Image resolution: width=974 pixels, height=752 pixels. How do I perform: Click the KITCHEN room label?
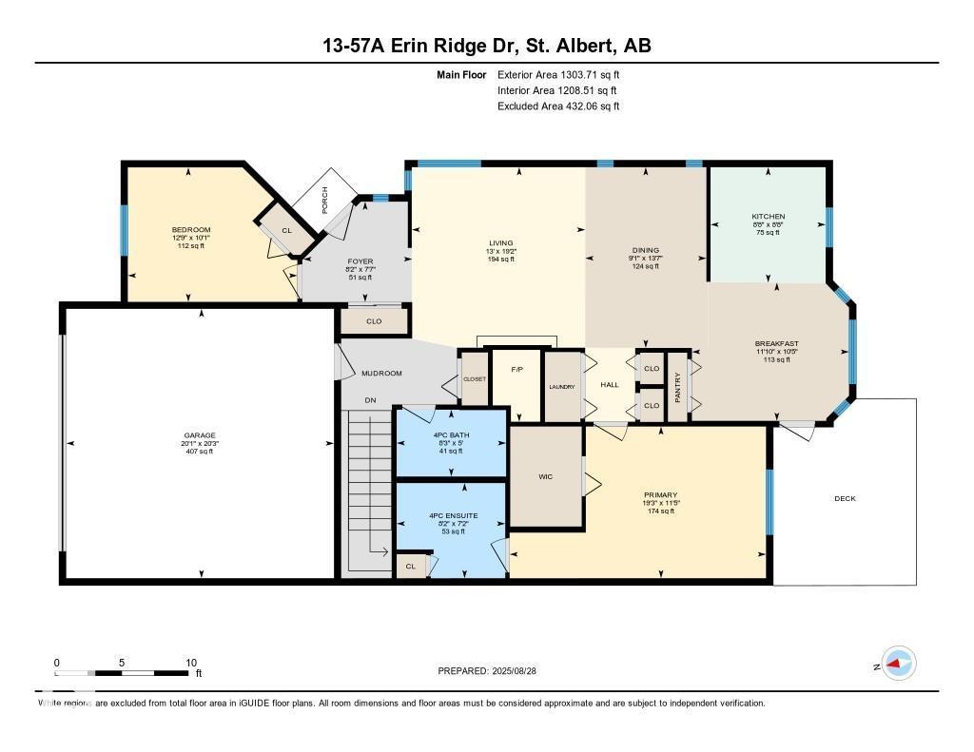[x=768, y=217]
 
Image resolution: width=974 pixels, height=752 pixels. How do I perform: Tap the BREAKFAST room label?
[x=776, y=344]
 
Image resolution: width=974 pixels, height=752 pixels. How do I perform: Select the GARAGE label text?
[x=200, y=434]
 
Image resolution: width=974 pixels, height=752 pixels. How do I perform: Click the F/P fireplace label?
[x=517, y=369]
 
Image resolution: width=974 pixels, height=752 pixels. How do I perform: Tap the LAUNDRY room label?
[x=562, y=387]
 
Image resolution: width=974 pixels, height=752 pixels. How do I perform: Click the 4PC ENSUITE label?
[x=451, y=515]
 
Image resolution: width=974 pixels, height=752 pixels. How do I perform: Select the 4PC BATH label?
[x=451, y=434]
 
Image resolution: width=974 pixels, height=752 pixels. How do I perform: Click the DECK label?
[x=845, y=497]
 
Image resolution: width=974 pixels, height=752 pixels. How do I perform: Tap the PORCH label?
[x=325, y=200]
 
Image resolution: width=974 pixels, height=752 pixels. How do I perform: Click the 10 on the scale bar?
[x=191, y=663]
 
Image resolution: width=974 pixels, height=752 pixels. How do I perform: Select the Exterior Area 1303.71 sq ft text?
[x=558, y=74]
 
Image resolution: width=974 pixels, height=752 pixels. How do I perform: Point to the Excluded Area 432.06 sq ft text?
[x=558, y=106]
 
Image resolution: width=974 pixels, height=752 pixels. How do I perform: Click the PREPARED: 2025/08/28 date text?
[x=494, y=671]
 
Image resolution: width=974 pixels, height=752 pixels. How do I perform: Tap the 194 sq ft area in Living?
[x=500, y=259]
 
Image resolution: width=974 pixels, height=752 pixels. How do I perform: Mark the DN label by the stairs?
[x=371, y=400]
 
